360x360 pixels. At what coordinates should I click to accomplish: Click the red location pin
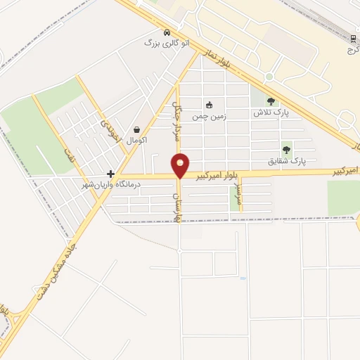pyautogui.click(x=181, y=165)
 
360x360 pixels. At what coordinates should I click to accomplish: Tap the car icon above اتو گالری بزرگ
pyautogui.click(x=166, y=32)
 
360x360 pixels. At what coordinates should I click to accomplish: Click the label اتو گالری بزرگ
pyautogui.click(x=167, y=43)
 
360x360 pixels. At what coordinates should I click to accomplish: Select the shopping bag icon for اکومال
pyautogui.click(x=136, y=129)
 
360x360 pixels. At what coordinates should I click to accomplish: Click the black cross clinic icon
pyautogui.click(x=110, y=173)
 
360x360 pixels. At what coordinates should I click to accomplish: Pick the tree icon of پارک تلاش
pyautogui.click(x=271, y=102)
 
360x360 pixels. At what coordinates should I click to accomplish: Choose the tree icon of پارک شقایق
pyautogui.click(x=286, y=149)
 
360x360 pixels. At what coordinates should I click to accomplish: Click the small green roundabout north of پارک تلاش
pyautogui.click(x=269, y=77)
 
